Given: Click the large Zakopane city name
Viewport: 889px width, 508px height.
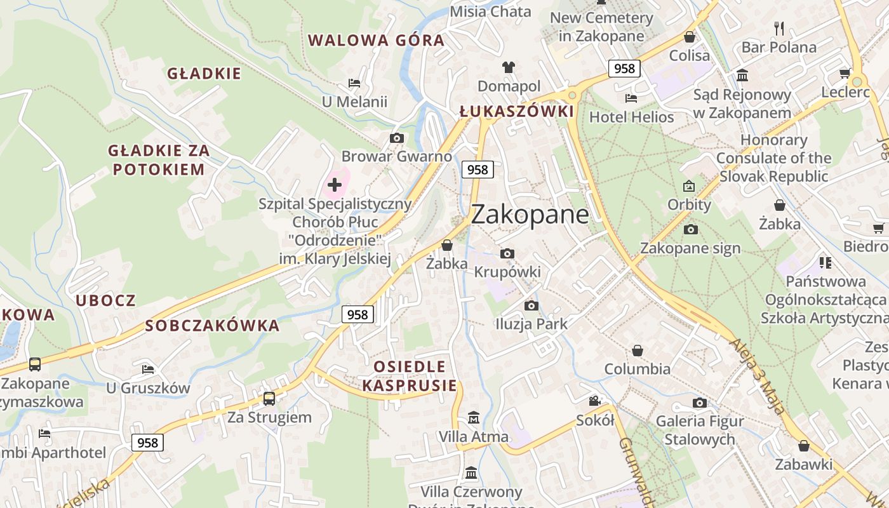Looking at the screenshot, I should click(530, 215).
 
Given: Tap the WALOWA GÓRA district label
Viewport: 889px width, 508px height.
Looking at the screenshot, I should click(376, 41).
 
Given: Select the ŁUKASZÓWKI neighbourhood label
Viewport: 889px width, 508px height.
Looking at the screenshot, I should click(516, 112).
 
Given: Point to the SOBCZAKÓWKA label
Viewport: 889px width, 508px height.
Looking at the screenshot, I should click(212, 326).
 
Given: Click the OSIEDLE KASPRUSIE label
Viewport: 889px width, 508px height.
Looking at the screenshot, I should click(410, 376).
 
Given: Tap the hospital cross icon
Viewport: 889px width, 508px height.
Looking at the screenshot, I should click(335, 185).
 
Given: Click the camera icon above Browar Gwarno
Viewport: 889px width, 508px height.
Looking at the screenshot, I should click(396, 138).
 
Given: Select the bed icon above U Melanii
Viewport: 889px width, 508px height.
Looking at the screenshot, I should click(354, 83).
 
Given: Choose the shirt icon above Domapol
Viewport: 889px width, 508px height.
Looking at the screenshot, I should click(509, 67).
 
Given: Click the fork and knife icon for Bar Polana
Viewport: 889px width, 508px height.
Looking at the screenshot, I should click(779, 28).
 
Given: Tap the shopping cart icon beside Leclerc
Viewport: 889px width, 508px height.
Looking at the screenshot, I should click(845, 74).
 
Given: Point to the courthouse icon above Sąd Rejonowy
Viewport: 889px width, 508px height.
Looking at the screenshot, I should click(742, 76).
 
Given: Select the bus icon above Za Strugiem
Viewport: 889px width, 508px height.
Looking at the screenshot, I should click(269, 399).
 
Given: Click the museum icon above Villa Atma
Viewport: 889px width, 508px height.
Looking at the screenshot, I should click(473, 418).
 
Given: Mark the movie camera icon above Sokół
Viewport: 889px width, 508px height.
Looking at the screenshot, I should click(594, 401).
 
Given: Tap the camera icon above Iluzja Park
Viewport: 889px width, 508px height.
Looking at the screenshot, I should click(531, 305).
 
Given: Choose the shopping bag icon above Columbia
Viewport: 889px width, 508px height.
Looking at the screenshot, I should click(637, 351).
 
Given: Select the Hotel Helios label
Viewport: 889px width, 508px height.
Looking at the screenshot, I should click(632, 117).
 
